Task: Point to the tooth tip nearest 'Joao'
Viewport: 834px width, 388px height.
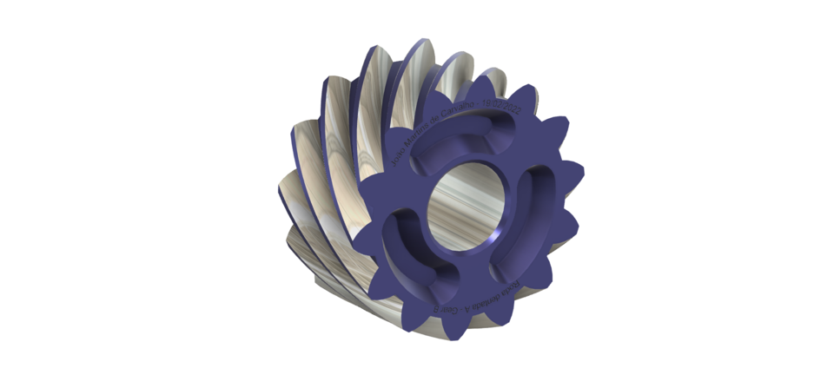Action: [382, 153]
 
